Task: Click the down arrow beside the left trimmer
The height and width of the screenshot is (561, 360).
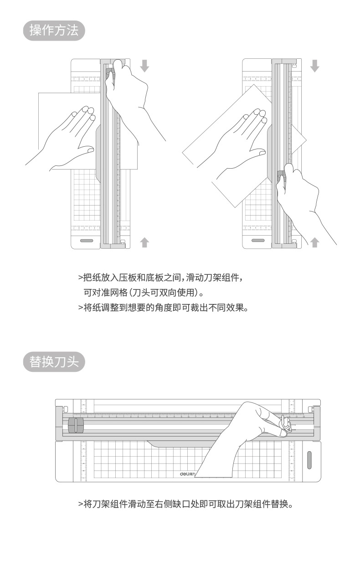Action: [x=144, y=66]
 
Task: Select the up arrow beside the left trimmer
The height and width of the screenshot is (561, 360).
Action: [x=144, y=242]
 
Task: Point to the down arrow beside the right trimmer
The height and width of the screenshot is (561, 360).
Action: [x=314, y=66]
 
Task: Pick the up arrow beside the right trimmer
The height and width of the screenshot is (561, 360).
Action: [x=314, y=242]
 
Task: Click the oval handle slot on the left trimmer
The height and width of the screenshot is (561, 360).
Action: [x=87, y=240]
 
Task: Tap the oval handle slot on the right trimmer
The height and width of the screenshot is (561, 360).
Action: [x=257, y=240]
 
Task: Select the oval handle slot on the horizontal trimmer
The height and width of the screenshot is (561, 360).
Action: [x=309, y=460]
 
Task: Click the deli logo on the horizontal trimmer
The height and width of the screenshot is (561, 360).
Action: [x=187, y=474]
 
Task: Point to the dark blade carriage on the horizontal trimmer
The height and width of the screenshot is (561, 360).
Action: [x=76, y=425]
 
